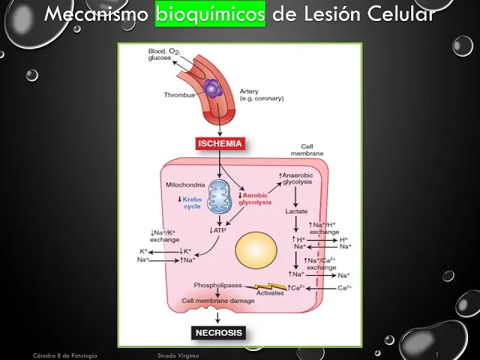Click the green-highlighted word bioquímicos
[x=210, y=14]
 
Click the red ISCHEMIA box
[x=220, y=143]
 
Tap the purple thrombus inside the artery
[x=213, y=89]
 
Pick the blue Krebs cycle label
[x=192, y=202]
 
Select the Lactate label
[x=296, y=211]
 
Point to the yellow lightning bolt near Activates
[x=269, y=286]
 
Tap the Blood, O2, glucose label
[x=164, y=54]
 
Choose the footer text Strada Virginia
[x=178, y=354]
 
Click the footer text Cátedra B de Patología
[x=65, y=354]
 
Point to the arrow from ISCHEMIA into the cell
[x=220, y=163]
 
